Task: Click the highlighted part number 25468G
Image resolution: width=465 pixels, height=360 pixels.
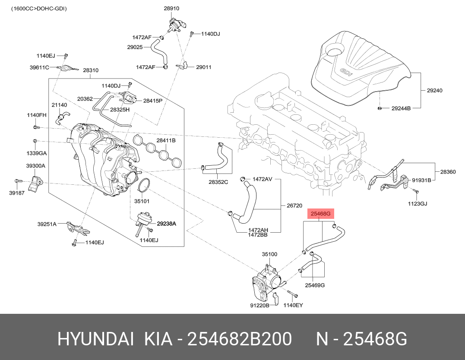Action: pyautogui.click(x=320, y=214)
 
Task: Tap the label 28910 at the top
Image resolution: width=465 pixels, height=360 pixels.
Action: pyautogui.click(x=171, y=8)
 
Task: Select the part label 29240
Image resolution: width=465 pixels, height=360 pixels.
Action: pyautogui.click(x=434, y=91)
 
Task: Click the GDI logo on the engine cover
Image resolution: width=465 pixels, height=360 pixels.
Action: pyautogui.click(x=346, y=72)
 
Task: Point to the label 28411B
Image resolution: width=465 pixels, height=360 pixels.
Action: pyautogui.click(x=166, y=141)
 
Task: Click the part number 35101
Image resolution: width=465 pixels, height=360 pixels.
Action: pyautogui.click(x=142, y=201)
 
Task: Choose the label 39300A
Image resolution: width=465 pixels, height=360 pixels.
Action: pyautogui.click(x=35, y=166)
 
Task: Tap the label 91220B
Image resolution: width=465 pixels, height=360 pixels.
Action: pyautogui.click(x=259, y=306)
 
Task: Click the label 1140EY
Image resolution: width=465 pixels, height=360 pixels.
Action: pyautogui.click(x=293, y=306)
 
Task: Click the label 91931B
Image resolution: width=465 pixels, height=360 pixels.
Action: pyautogui.click(x=421, y=180)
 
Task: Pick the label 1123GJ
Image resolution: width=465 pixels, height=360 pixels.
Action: pyautogui.click(x=417, y=203)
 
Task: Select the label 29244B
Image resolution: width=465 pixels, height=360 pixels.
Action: pyautogui.click(x=401, y=108)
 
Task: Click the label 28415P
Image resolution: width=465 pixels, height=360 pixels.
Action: pyautogui.click(x=152, y=101)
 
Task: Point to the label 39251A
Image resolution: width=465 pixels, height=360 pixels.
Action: pyautogui.click(x=47, y=224)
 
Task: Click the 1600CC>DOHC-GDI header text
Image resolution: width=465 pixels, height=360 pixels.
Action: pyautogui.click(x=39, y=9)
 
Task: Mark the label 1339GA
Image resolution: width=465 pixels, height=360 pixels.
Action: pyautogui.click(x=37, y=153)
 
